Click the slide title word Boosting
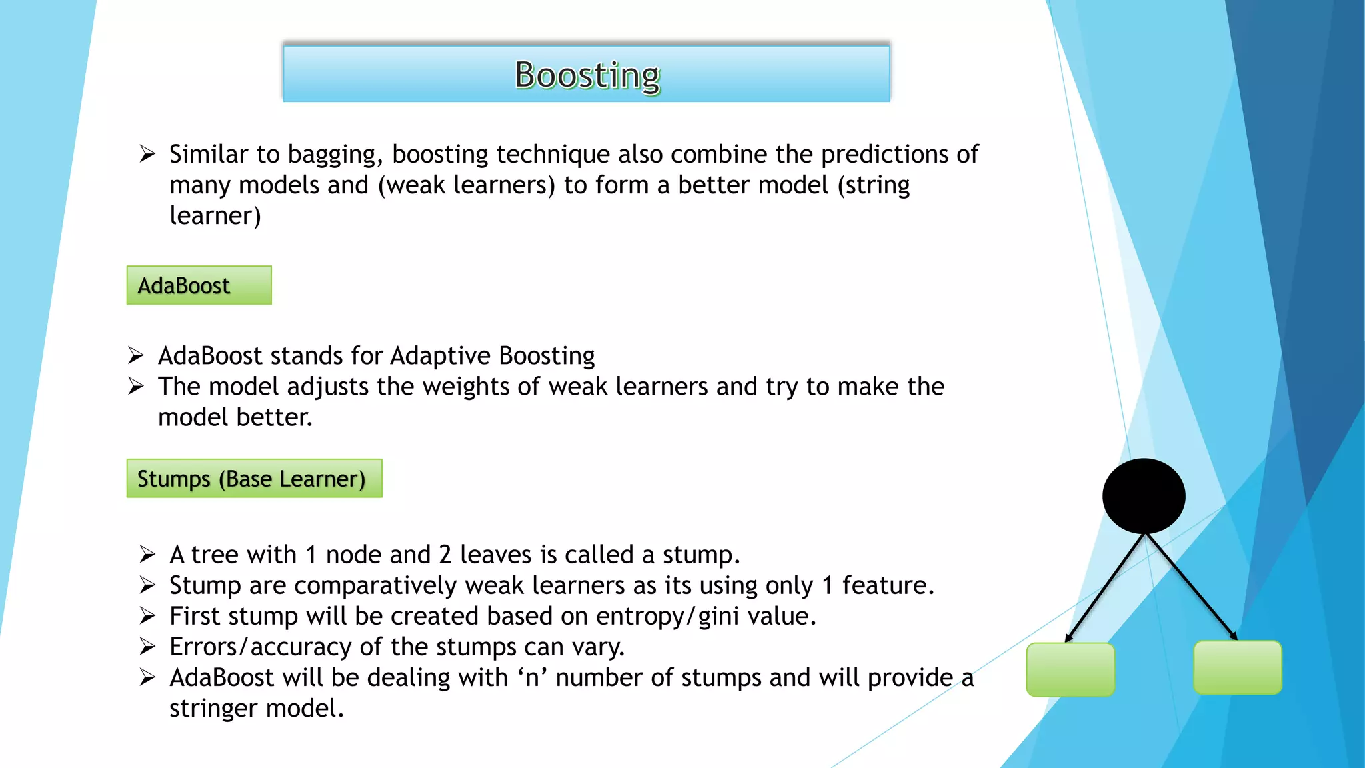point(587,75)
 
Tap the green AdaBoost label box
point(199,285)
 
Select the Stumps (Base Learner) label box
point(254,479)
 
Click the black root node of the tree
point(1144,495)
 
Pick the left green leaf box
point(1070,669)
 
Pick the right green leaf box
point(1238,667)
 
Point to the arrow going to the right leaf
point(1192,587)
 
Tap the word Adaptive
point(440,356)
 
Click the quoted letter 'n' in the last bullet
point(532,678)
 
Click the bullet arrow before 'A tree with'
point(147,555)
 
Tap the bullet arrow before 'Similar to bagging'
point(147,155)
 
